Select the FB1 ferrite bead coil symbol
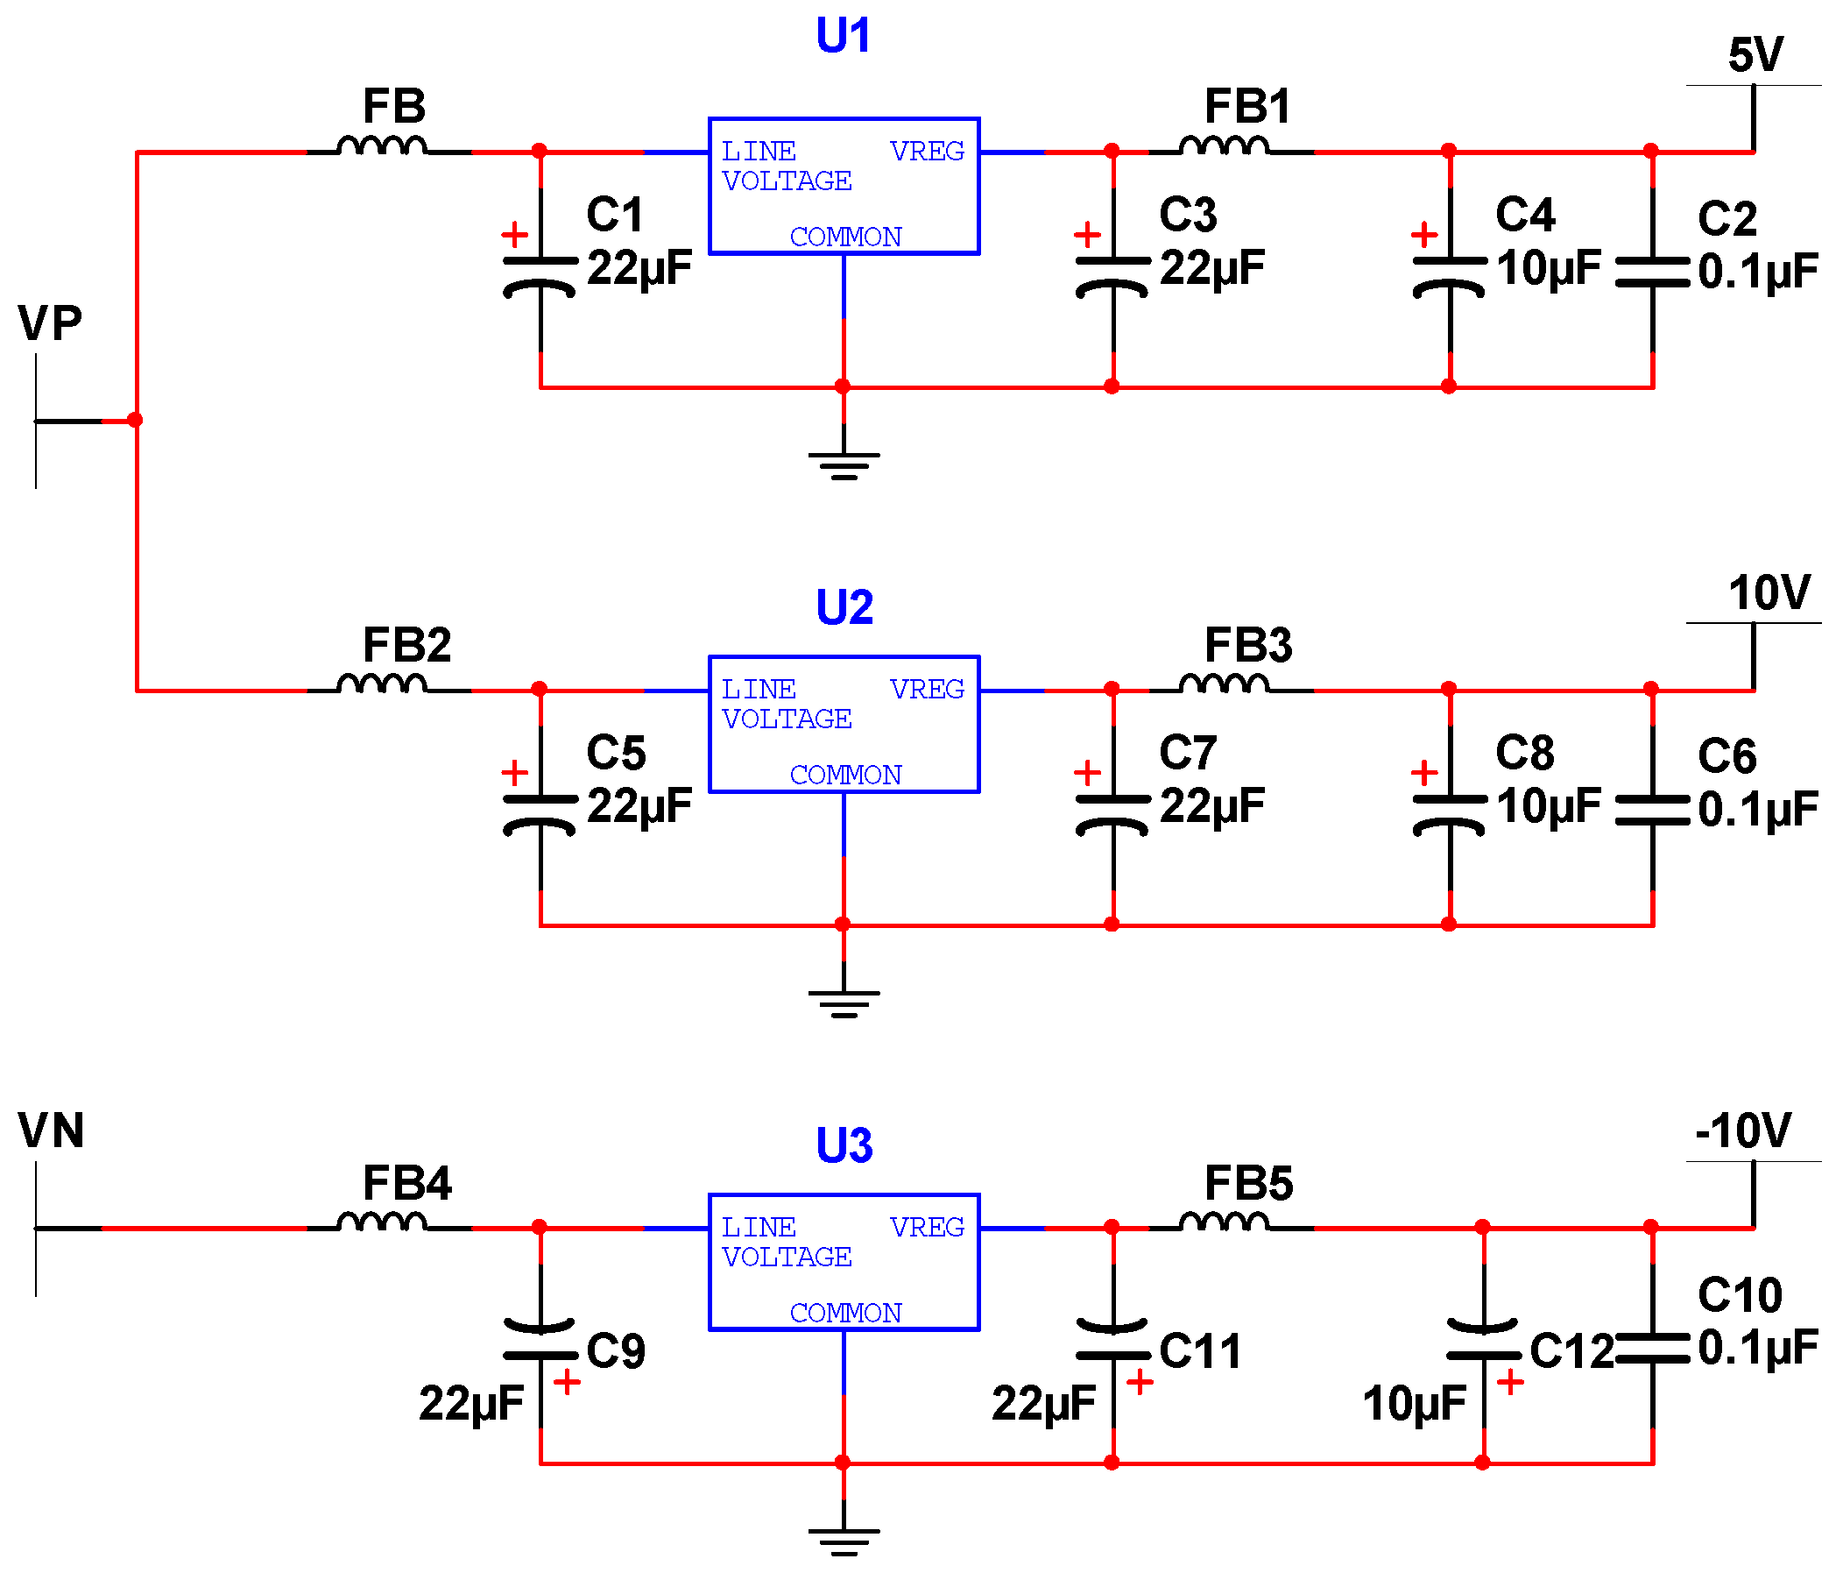[1224, 146]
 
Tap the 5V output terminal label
[1755, 55]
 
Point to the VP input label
[50, 323]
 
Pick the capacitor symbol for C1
[540, 275]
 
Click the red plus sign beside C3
[1087, 235]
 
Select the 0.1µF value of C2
[1757, 273]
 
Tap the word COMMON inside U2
[845, 775]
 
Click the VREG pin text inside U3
[927, 1227]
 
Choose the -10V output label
[1742, 1130]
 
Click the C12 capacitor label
[1571, 1351]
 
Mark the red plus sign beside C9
[567, 1382]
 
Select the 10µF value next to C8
[1548, 806]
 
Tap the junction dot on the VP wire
[135, 420]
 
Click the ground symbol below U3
[844, 1540]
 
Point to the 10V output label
[1769, 592]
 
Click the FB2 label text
[406, 645]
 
